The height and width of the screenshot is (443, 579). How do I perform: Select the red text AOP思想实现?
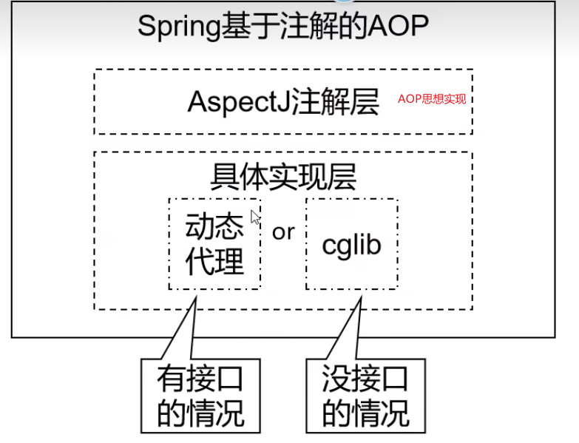point(432,98)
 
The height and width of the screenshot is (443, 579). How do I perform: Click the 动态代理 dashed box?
point(214,244)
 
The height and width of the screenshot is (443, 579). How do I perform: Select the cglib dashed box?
point(351,244)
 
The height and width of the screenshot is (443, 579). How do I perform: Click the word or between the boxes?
point(283,232)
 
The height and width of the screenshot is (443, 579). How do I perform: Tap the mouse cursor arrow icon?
point(255,217)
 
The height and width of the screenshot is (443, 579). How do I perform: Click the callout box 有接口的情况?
point(200,396)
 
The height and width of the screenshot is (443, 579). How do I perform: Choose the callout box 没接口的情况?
point(365,396)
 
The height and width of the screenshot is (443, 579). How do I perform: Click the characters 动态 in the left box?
point(214,227)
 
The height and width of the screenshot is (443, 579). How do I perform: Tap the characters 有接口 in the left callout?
point(200,379)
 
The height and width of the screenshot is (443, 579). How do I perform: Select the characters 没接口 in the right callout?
point(365,379)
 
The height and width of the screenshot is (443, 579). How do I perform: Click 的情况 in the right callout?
point(365,413)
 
